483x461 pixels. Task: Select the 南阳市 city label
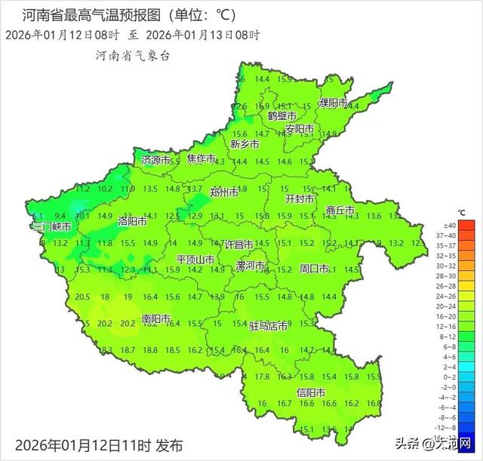pyautogui.click(x=157, y=319)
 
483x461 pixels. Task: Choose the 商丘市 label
pyautogui.click(x=340, y=211)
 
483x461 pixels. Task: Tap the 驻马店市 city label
pyautogui.click(x=269, y=326)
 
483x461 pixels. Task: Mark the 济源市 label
pyautogui.click(x=156, y=160)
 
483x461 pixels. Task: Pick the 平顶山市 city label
pyautogui.click(x=195, y=260)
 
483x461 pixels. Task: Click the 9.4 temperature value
pyautogui.click(x=60, y=216)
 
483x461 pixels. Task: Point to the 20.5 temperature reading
pyautogui.click(x=83, y=297)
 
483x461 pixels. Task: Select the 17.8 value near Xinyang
pyautogui.click(x=262, y=376)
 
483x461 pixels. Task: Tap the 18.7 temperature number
pyautogui.click(x=128, y=350)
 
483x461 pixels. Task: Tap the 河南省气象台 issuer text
pyautogui.click(x=133, y=56)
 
